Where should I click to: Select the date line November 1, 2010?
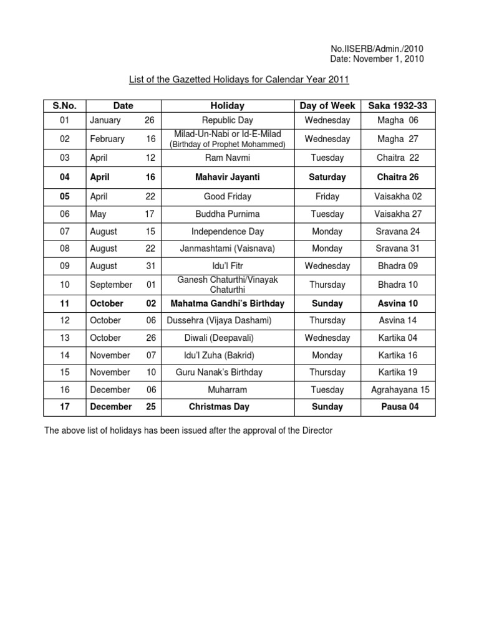[377, 59]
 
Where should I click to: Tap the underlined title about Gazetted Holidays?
[239, 79]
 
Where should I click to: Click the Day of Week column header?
[327, 106]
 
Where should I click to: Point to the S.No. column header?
[65, 106]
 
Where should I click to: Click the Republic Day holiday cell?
[228, 120]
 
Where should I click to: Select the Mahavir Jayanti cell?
[228, 177]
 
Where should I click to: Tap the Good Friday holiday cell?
[228, 196]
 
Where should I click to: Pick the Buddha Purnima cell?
[228, 214]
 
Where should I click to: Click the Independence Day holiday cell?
[228, 231]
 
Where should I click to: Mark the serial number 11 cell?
[65, 303]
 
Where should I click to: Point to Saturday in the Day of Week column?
[327, 177]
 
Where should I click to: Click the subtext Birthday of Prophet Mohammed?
[228, 145]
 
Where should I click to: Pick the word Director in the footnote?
[317, 431]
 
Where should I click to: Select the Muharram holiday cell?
[228, 389]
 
